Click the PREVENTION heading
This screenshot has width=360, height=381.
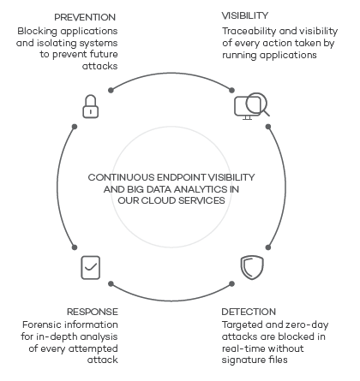click(85, 17)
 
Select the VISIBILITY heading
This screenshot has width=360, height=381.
click(245, 15)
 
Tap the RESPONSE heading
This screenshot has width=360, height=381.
click(93, 312)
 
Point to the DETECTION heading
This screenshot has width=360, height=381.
click(249, 312)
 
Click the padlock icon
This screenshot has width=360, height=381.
click(91, 106)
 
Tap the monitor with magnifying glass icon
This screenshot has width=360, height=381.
click(252, 106)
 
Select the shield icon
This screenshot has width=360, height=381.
click(252, 267)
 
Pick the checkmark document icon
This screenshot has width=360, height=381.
click(91, 267)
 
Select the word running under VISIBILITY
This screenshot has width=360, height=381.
click(239, 55)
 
